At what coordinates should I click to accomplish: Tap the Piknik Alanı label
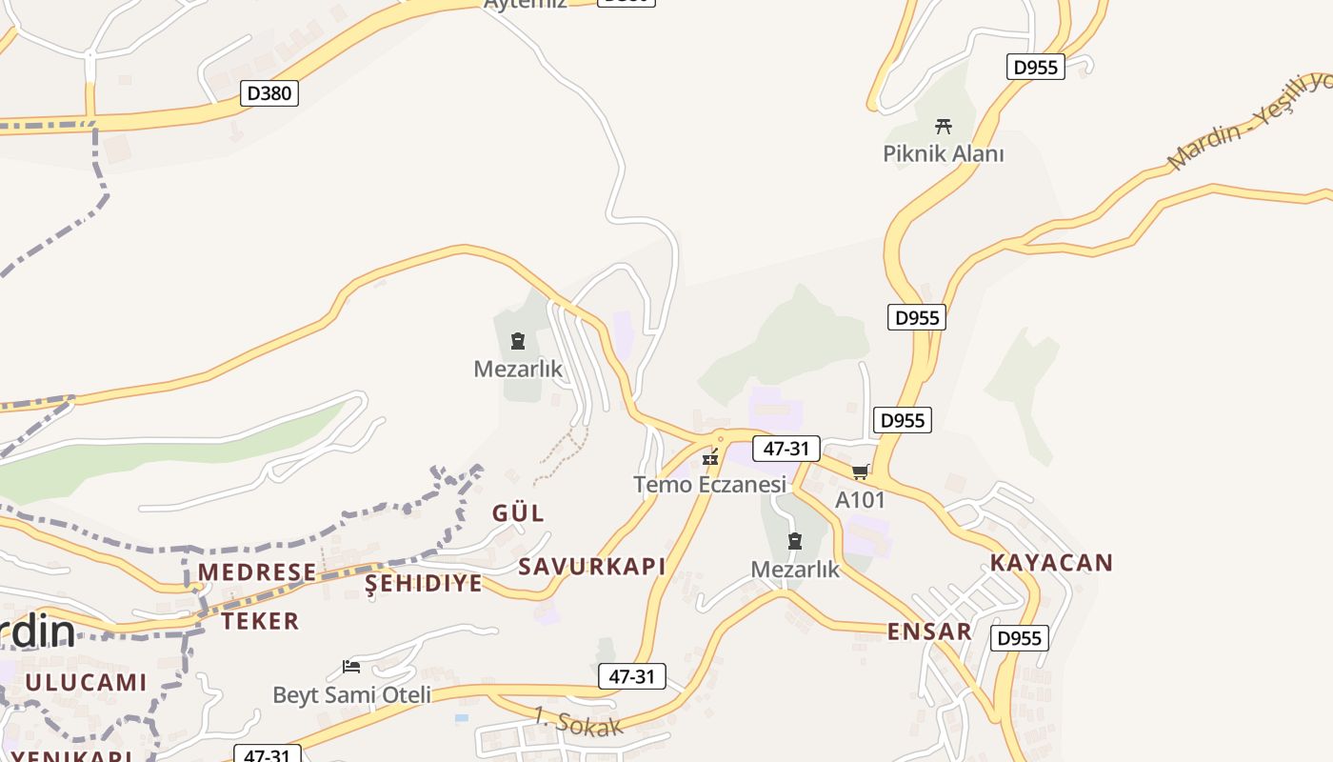click(943, 153)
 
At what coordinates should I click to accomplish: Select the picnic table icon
click(944, 126)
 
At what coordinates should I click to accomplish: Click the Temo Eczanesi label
click(710, 485)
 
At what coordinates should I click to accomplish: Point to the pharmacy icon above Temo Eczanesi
click(709, 458)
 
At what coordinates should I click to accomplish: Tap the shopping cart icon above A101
click(861, 471)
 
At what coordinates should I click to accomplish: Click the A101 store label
click(861, 500)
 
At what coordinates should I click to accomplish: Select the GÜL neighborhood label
click(519, 513)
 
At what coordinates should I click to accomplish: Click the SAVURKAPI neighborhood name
click(591, 567)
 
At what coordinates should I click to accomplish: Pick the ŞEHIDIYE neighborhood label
click(424, 584)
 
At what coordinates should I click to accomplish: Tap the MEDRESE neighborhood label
click(257, 572)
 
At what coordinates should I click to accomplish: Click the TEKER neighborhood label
click(260, 622)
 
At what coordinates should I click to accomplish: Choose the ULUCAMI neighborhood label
click(87, 683)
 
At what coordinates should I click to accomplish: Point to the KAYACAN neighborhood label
click(1051, 562)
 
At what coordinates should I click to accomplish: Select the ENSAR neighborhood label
click(929, 632)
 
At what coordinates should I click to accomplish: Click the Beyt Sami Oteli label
click(352, 695)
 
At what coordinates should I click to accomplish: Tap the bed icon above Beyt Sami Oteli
click(351, 667)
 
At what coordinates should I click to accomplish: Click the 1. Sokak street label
click(578, 721)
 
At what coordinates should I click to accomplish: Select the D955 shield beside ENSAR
click(1019, 638)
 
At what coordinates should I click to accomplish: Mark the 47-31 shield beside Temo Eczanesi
click(786, 449)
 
